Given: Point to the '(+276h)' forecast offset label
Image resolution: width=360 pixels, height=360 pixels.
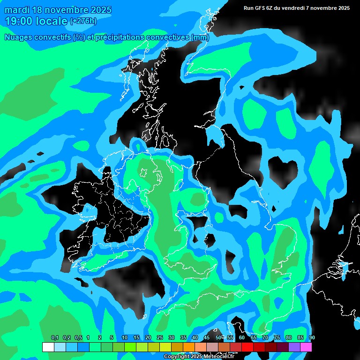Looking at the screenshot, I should point(83,21).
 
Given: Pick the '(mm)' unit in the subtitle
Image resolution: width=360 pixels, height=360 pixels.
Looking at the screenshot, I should point(200,37).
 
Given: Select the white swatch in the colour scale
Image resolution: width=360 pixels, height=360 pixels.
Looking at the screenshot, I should point(48,347).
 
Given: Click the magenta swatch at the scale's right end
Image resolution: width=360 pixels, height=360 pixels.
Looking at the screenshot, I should point(306,347).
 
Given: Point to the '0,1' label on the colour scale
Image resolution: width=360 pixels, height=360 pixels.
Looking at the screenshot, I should point(55,338).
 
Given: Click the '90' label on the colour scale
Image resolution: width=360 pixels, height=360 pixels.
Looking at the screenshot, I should point(312,338).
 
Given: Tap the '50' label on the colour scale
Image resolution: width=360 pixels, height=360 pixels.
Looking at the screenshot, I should point(218,338).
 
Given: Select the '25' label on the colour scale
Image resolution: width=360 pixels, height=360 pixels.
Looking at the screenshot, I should point(160,338).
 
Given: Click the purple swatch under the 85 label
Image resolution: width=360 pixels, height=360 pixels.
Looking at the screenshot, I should point(294,347).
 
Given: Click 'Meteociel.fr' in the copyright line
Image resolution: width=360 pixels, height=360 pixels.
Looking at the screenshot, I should point(219,357).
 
